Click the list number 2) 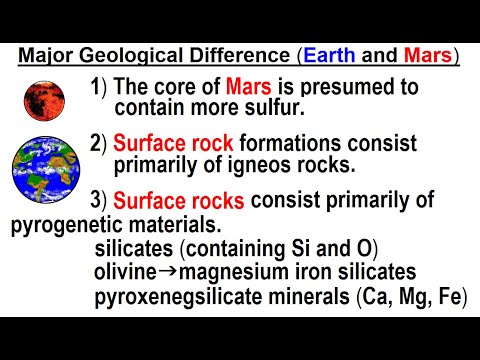pos(97,144)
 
